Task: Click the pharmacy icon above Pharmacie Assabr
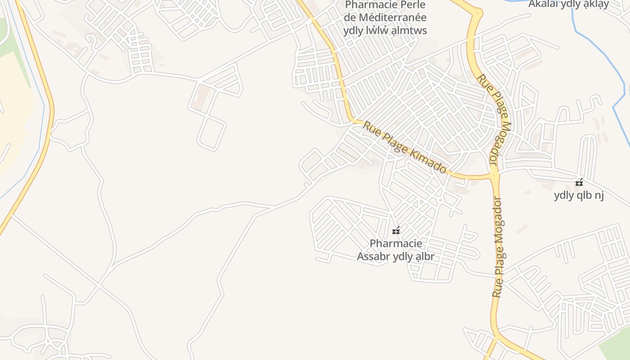click(396, 231)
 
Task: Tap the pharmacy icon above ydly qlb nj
click(579, 182)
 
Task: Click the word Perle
click(410, 5)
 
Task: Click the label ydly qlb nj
click(578, 195)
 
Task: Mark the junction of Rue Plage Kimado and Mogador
click(494, 175)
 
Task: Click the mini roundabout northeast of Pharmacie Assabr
click(440, 200)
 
